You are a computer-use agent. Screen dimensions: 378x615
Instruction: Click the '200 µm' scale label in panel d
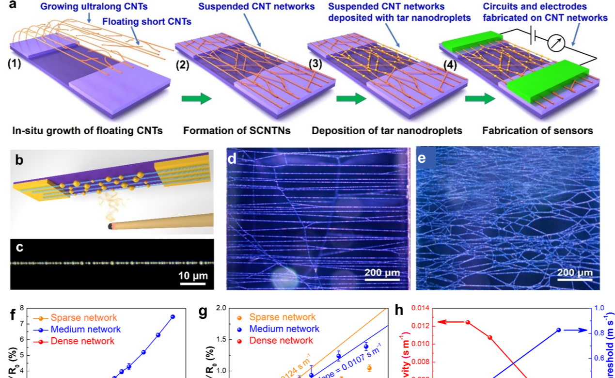tap(382, 273)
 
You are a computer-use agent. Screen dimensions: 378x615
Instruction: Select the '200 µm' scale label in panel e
tap(575, 273)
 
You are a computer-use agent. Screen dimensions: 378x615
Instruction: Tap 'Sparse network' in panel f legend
tap(83, 318)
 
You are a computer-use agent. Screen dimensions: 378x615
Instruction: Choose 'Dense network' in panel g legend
tap(281, 341)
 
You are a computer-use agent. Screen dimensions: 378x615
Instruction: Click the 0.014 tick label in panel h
tap(420, 308)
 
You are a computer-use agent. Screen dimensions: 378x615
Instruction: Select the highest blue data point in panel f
tap(172, 316)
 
